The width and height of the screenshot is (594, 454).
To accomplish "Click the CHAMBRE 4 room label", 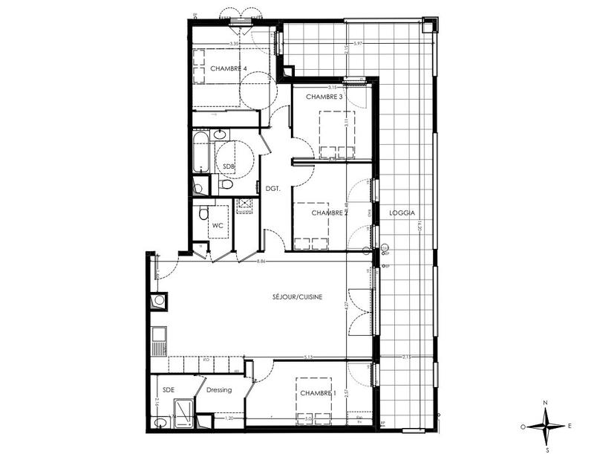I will click(228, 68).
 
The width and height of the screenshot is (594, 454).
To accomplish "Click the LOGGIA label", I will click(400, 213).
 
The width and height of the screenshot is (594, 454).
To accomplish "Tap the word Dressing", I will click(219, 389).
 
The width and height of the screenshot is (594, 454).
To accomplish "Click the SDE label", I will click(168, 389).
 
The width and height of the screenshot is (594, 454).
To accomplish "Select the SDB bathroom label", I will click(229, 167).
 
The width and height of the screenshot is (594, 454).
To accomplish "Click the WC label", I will click(218, 225).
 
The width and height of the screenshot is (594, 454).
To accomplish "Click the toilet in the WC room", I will click(203, 215).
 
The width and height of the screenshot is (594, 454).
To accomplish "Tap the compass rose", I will click(546, 426).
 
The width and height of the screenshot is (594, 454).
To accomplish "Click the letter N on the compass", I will click(546, 403).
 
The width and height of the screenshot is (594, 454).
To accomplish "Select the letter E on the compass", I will click(569, 426).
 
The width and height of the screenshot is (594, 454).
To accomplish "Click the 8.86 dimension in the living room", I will click(261, 262).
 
